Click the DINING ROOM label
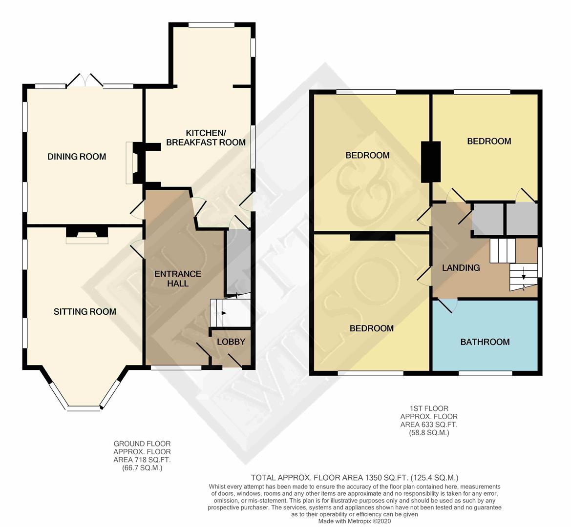pos(77,157)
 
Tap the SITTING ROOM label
pos(85,312)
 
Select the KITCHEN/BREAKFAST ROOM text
pos(206,138)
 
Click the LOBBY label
pos(231,342)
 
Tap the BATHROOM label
pos(485,342)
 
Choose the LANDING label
pos(461,267)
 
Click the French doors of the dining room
pos(84,81)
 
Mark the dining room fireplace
pos(130,163)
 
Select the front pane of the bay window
pos(84,407)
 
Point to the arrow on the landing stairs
pos(523,276)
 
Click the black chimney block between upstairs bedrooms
pos(431,162)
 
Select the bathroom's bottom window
pos(485,373)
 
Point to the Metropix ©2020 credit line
pos(355,521)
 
